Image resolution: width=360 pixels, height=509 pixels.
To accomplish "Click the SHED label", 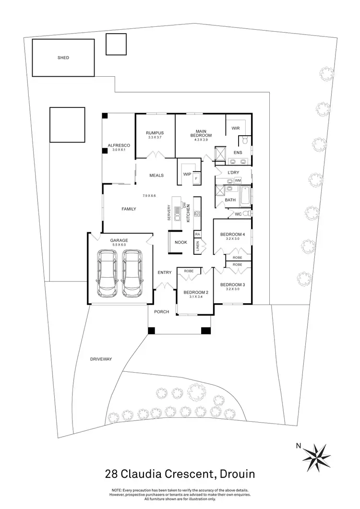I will click(63, 58).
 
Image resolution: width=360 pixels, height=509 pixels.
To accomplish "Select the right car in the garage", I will click(132, 273).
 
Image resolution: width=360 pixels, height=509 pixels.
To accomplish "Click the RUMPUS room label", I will click(155, 133).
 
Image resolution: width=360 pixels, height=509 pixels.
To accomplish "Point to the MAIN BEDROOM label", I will click(201, 133).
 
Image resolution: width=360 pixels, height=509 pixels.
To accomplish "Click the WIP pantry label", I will click(187, 175).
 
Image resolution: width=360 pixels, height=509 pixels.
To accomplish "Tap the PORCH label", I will click(161, 312).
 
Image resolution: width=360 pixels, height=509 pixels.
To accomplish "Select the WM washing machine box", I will click(238, 180).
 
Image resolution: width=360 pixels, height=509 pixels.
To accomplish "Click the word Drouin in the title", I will click(236, 474).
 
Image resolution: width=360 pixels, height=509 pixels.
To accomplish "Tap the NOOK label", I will click(180, 242).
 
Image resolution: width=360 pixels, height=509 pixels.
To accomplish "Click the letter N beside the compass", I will click(298, 446).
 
